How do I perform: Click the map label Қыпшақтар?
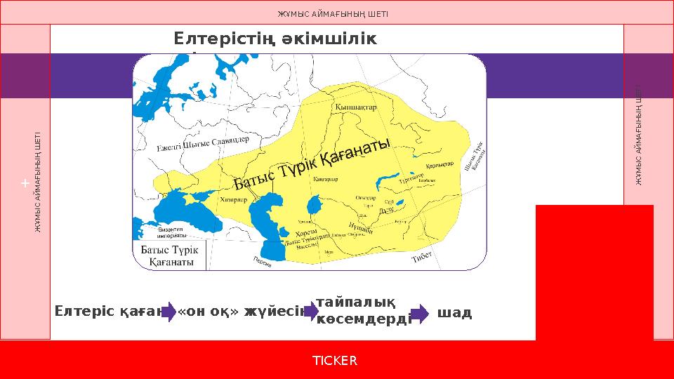pos(357,107)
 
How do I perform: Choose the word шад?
pos(454,312)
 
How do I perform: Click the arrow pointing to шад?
pos(419,312)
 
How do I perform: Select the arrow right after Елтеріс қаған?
pos(168,312)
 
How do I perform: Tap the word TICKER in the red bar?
pos(334,361)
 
